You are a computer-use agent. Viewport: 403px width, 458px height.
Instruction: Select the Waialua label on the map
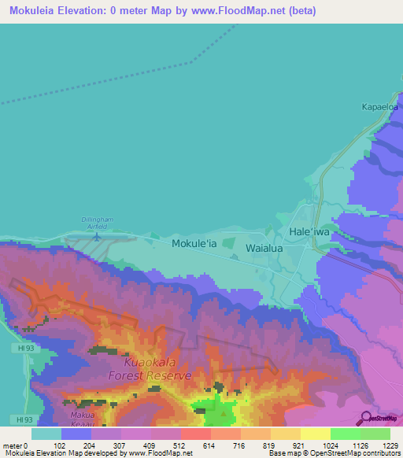coord(264,247)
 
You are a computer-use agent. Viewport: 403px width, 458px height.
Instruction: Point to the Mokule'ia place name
coord(194,245)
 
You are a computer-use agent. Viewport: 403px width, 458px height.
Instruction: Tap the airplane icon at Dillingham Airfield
coord(97,235)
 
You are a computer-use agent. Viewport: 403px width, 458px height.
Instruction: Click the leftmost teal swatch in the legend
coord(46,434)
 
